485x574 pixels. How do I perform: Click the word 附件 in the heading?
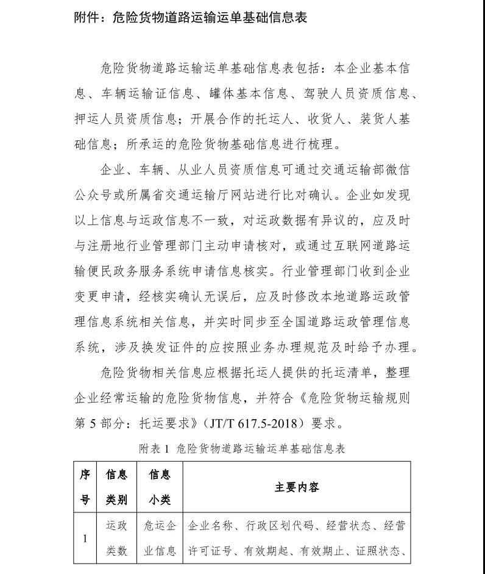87,17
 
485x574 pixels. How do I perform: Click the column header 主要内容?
297,487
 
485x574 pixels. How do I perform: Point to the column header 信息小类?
160,487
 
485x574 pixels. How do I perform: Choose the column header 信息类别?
116,487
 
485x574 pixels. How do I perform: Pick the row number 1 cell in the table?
85,538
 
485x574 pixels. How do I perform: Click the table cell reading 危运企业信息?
160,538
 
